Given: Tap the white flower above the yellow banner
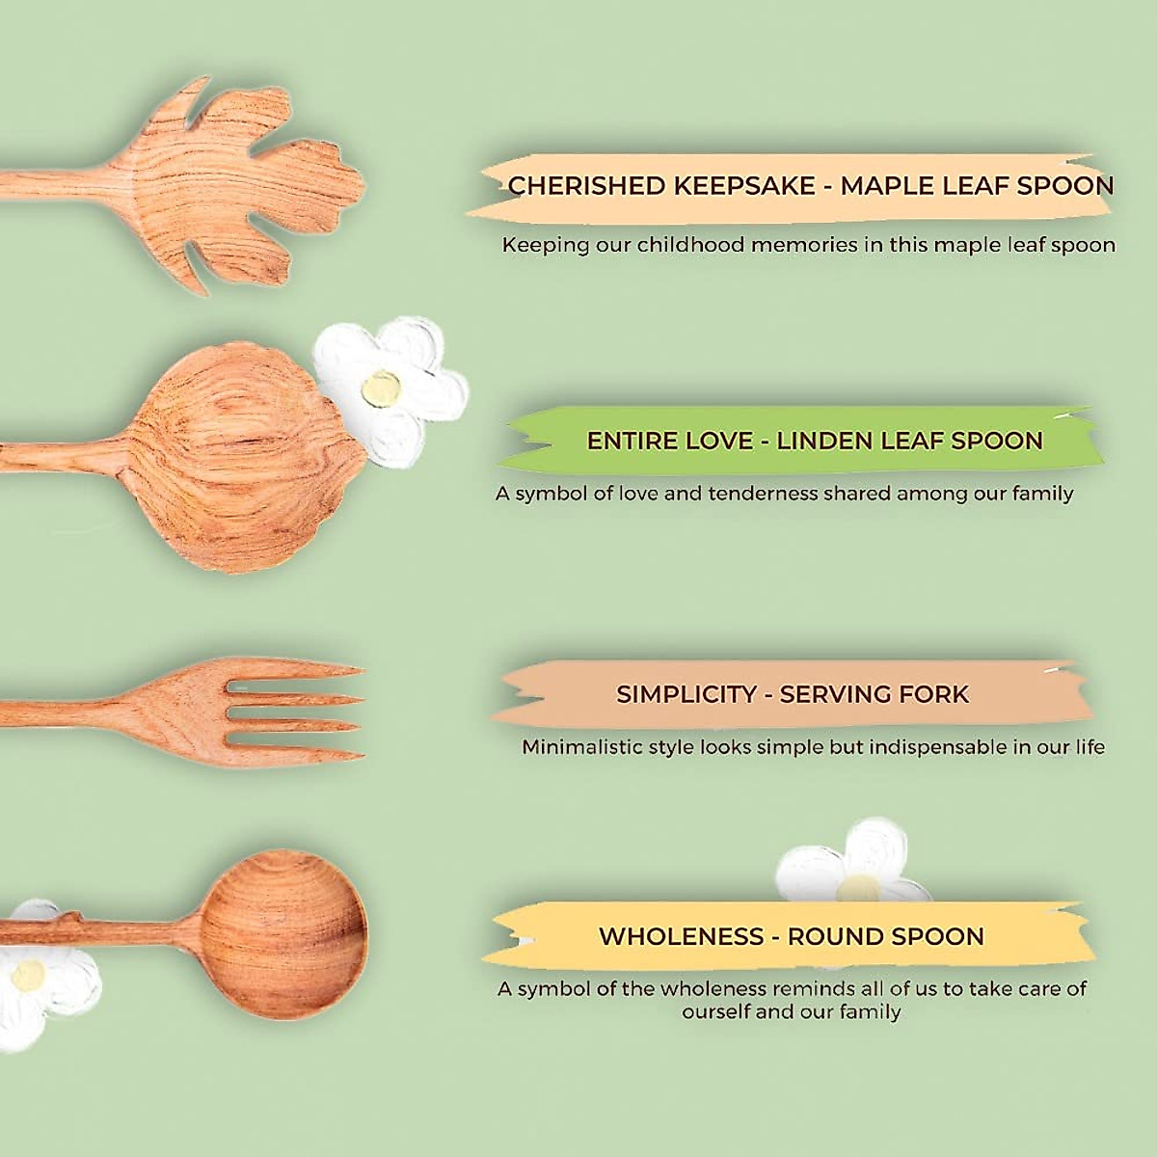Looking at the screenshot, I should click(x=848, y=863).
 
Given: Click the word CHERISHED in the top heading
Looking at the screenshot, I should click(x=586, y=185).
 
